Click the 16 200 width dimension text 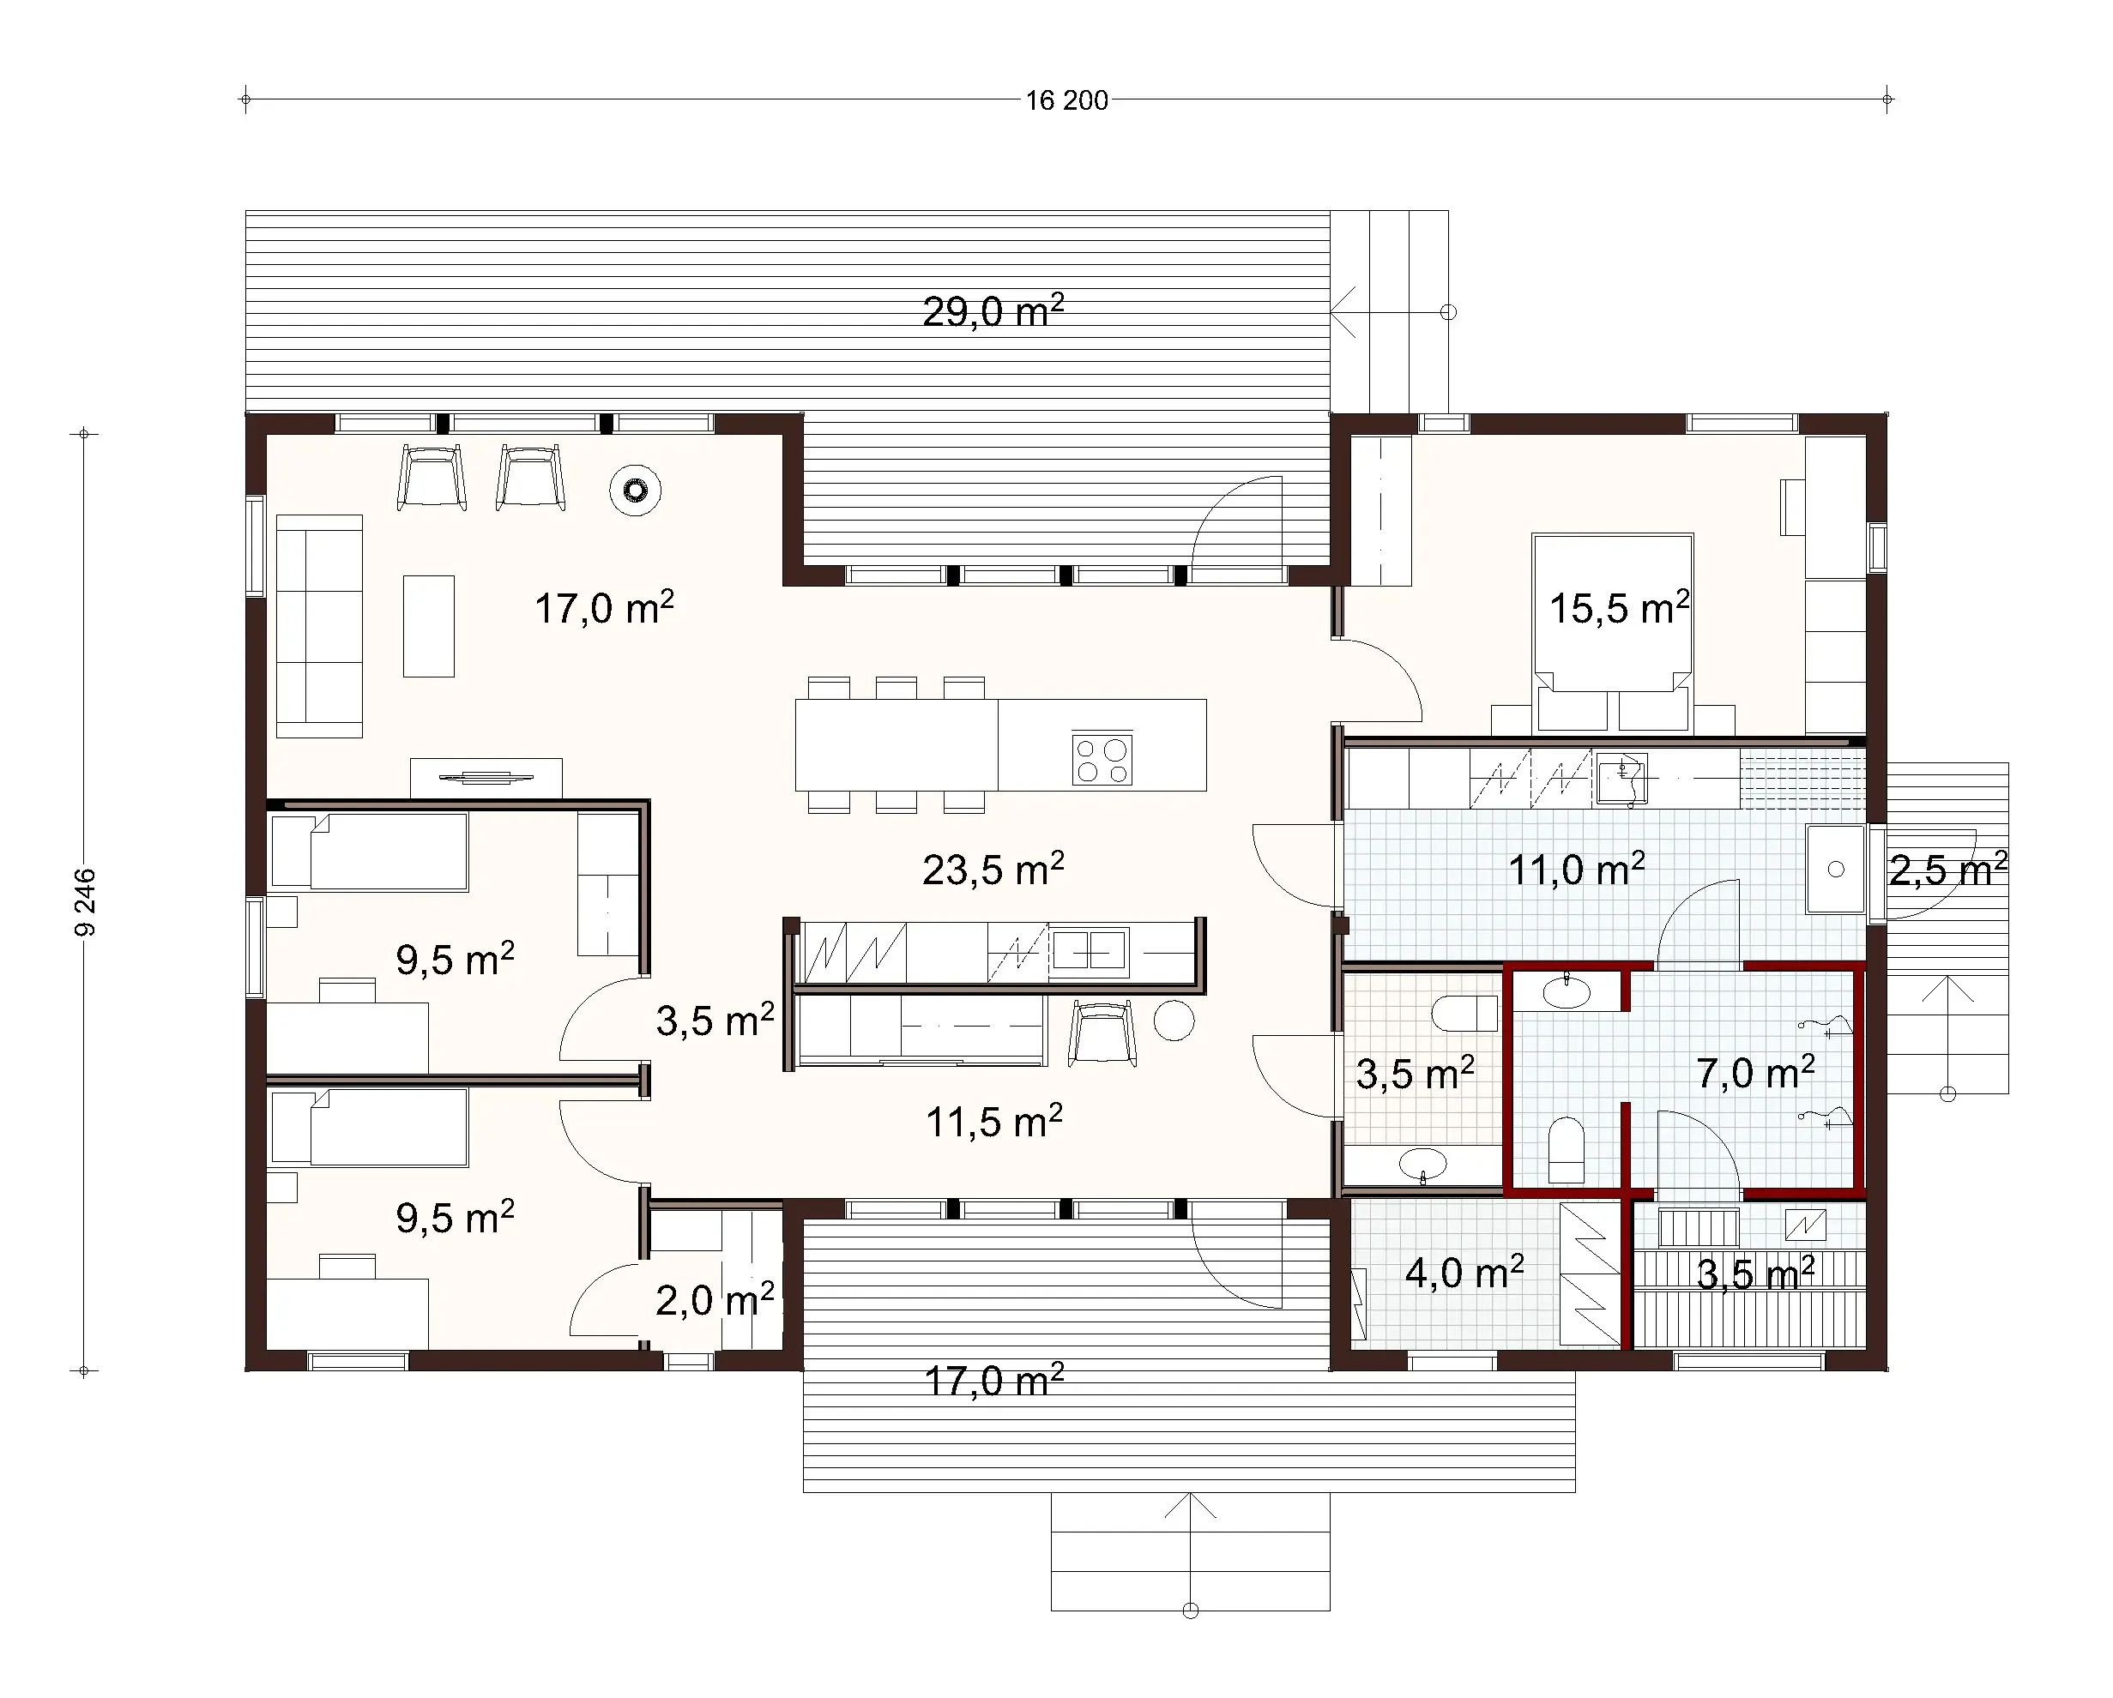[1066, 101]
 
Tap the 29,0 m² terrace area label [993, 311]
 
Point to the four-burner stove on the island [1102, 759]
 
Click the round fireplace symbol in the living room [635, 490]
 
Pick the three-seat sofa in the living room [319, 626]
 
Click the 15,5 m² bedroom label [1619, 609]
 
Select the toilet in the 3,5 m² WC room [1464, 1013]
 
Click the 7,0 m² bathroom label [1755, 1074]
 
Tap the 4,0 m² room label [1464, 1273]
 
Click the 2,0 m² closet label [715, 1301]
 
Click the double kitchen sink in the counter [1089, 951]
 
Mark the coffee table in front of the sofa [428, 626]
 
